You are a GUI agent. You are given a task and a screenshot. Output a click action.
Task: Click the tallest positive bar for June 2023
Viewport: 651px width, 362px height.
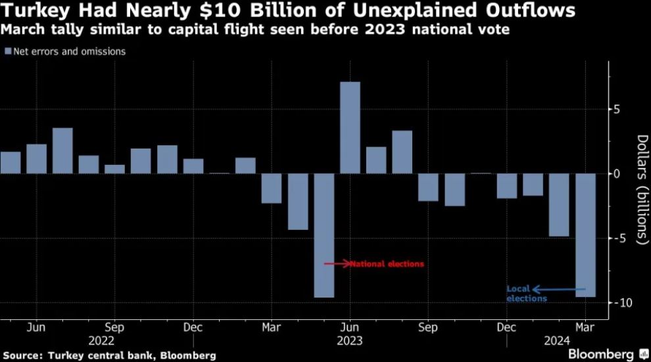tap(350, 128)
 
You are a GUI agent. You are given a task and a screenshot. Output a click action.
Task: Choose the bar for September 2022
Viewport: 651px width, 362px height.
tap(114, 170)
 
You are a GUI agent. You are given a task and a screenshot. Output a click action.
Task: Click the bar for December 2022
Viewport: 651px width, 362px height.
tap(193, 166)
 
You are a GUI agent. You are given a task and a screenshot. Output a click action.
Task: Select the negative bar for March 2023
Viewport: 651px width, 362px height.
tap(272, 189)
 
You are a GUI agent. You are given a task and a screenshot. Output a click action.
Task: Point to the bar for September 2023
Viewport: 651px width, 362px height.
tap(428, 187)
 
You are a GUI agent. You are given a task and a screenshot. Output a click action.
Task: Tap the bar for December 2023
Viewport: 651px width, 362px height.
tap(507, 186)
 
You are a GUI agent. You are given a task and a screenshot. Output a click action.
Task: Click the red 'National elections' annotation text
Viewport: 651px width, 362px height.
tap(387, 264)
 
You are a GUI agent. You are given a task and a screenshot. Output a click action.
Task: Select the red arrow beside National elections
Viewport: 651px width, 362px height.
tap(337, 264)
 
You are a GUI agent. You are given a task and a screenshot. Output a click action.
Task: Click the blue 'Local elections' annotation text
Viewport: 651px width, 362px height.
tap(526, 294)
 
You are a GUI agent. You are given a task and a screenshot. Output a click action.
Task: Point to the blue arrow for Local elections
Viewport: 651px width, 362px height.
tap(559, 288)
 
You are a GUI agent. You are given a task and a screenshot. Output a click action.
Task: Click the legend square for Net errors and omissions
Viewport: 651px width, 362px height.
tap(8, 51)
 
